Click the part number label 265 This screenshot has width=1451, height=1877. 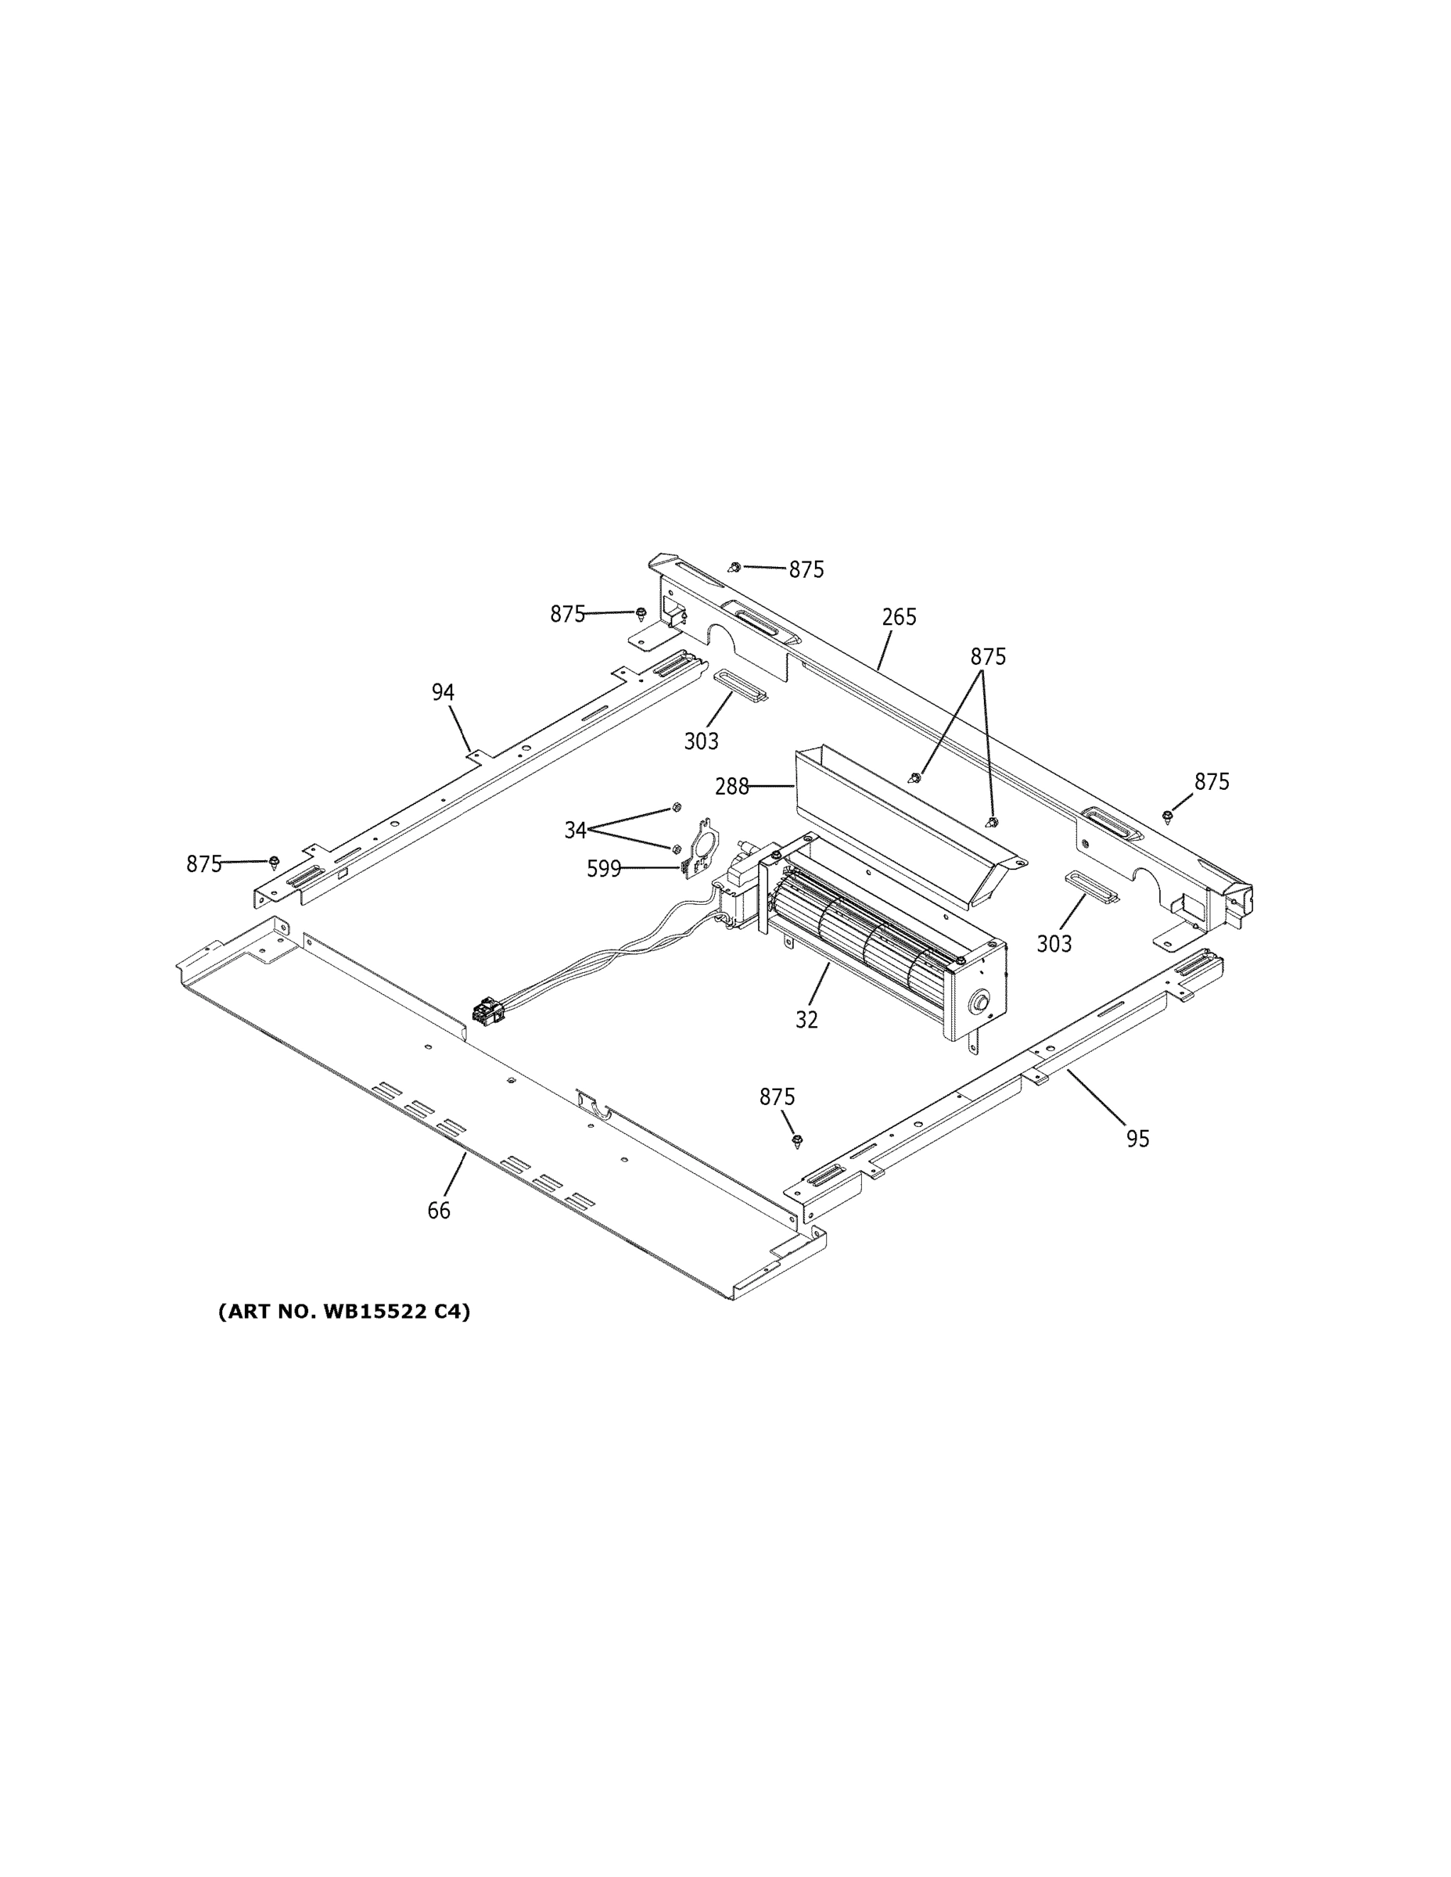point(899,617)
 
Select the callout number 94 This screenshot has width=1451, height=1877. point(443,692)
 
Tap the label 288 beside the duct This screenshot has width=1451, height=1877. point(731,786)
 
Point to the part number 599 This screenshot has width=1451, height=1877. point(603,869)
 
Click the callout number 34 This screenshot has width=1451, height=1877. point(575,831)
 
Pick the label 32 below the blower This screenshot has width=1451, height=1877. point(806,1019)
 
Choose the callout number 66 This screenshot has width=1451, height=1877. point(438,1211)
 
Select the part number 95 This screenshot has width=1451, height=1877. point(1137,1139)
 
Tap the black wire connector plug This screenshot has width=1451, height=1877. point(487,1010)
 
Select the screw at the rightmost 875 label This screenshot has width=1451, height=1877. point(1167,816)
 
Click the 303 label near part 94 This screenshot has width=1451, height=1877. point(702,741)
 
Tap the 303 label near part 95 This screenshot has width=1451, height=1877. point(1054,944)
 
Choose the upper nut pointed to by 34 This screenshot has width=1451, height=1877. point(676,807)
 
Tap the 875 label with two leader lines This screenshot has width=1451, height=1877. point(988,657)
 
